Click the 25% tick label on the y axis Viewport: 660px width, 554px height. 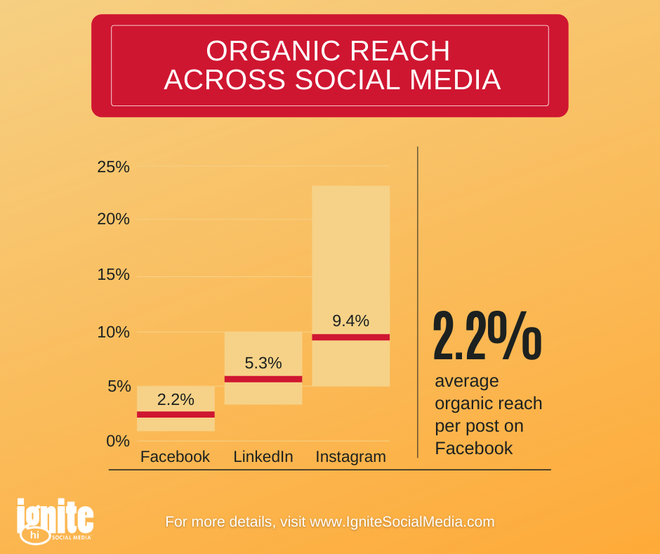click(113, 167)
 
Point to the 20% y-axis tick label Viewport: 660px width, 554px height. click(113, 219)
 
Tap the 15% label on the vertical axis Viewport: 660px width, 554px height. click(113, 275)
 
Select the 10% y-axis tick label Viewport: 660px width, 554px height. click(113, 333)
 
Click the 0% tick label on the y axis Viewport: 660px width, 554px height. click(118, 441)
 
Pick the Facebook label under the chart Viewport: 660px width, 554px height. click(175, 456)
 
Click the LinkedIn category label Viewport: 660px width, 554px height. click(263, 456)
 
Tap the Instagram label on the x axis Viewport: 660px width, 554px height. click(350, 457)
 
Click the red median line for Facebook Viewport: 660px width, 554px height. click(176, 415)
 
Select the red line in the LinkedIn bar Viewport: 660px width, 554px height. click(263, 379)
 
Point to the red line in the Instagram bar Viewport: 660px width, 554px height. click(351, 337)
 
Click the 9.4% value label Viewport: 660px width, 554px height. click(350, 321)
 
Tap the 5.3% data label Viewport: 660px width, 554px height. click(263, 363)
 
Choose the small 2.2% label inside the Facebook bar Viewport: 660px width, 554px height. click(176, 400)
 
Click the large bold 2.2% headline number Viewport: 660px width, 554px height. click(487, 335)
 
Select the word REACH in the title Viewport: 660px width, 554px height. click(400, 51)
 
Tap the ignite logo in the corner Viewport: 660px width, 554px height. click(55, 522)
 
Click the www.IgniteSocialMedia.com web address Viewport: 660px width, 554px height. click(402, 522)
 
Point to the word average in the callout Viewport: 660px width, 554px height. click(467, 381)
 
